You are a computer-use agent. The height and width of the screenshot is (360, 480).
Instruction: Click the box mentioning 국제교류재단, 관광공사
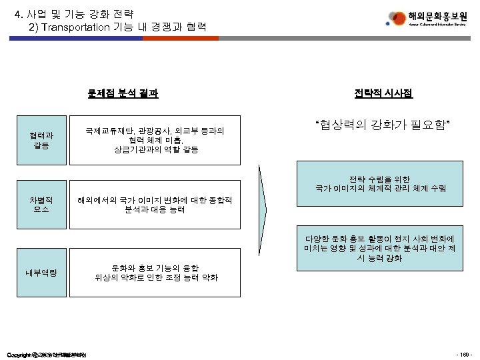click(x=155, y=140)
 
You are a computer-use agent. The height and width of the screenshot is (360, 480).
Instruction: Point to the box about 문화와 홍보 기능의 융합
click(x=155, y=271)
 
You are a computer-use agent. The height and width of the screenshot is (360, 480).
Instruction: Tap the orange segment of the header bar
click(x=181, y=39)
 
